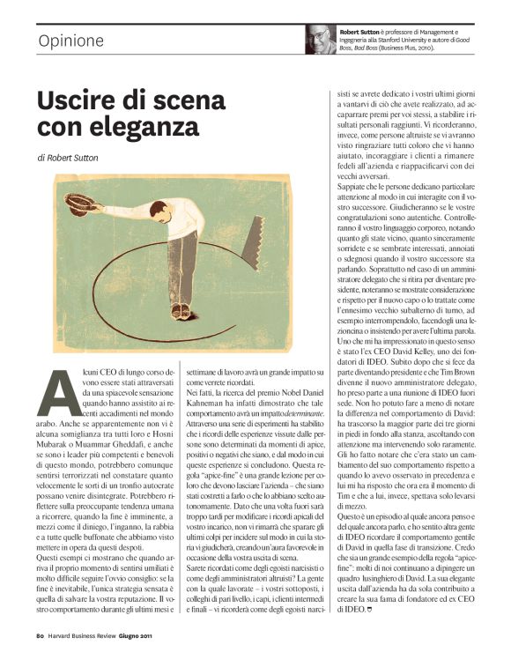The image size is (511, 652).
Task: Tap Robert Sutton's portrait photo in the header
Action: coord(320,40)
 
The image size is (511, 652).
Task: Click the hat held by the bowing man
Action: coord(82,204)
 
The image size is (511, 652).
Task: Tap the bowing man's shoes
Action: coord(181,311)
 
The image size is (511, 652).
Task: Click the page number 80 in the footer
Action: coord(41,634)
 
